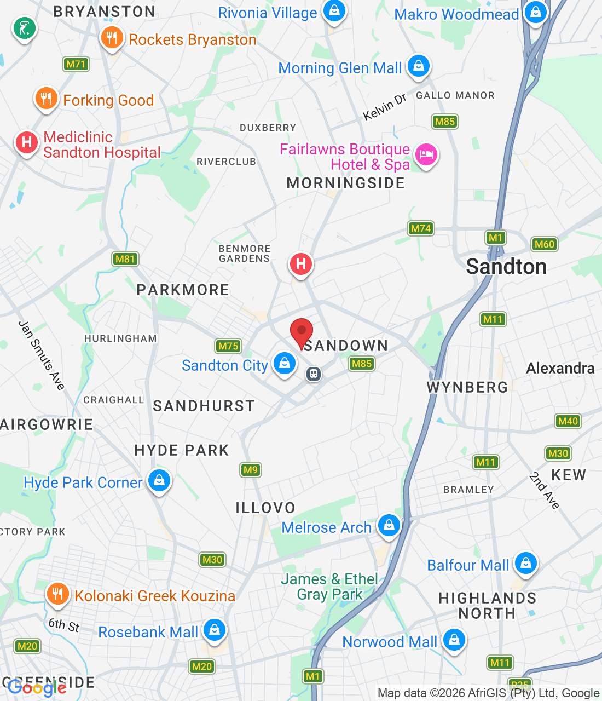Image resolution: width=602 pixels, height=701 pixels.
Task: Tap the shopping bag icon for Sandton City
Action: [x=285, y=364]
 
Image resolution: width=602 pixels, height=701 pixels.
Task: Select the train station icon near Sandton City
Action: [x=314, y=374]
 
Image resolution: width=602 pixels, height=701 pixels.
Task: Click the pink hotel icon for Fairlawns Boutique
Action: [x=426, y=154]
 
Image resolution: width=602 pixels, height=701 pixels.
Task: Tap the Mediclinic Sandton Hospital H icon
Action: [x=26, y=143]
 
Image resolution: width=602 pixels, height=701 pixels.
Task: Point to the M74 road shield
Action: [x=421, y=228]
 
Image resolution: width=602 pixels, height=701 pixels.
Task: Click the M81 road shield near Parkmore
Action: [x=125, y=259]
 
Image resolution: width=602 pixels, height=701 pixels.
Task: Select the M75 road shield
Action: [x=228, y=346]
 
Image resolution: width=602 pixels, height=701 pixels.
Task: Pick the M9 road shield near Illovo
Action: [x=250, y=470]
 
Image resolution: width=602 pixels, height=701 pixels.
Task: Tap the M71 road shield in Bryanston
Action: [x=76, y=64]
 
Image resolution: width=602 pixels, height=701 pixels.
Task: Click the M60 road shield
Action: [x=544, y=244]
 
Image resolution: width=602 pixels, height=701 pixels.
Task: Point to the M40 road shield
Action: [x=568, y=421]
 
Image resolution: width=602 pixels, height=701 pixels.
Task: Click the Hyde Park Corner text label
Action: [x=83, y=482]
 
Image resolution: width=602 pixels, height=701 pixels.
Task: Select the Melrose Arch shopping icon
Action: [x=389, y=525]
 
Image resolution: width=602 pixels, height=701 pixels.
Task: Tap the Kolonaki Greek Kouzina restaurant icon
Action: [x=57, y=594]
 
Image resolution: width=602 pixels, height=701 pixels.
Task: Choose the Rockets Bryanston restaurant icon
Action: [x=112, y=38]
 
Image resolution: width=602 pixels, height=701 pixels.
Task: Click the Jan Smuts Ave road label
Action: [x=42, y=355]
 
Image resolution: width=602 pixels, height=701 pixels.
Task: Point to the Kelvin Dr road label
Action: [x=385, y=107]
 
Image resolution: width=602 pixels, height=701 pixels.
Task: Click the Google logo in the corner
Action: [x=37, y=688]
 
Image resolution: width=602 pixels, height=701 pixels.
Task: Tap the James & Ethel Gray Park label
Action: [x=329, y=587]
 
